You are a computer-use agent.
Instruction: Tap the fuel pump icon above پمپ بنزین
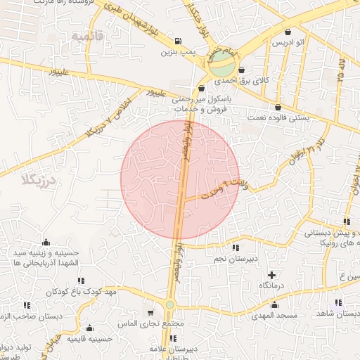pyautogui.click(x=176, y=40)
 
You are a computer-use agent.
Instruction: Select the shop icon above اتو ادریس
pyautogui.click(x=288, y=32)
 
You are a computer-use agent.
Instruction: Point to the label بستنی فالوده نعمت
pyautogui.click(x=277, y=119)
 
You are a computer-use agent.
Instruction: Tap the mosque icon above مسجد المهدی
pyautogui.click(x=274, y=304)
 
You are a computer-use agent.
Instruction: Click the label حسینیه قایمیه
pyautogui.click(x=91, y=339)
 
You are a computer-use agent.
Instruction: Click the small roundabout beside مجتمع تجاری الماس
pyautogui.click(x=169, y=304)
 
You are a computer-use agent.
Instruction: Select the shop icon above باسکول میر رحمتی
pyautogui.click(x=202, y=89)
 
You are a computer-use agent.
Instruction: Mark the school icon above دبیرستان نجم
pyautogui.click(x=234, y=247)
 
